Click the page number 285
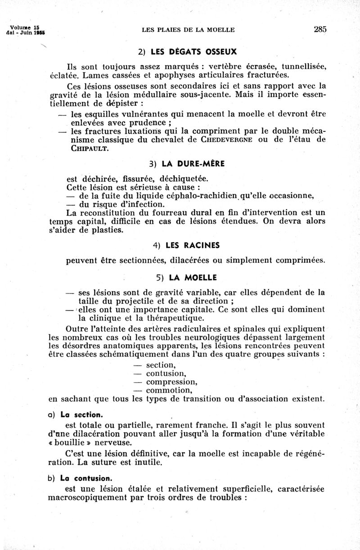(320, 30)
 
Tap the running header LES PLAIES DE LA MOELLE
(188, 30)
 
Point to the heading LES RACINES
(193, 245)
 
